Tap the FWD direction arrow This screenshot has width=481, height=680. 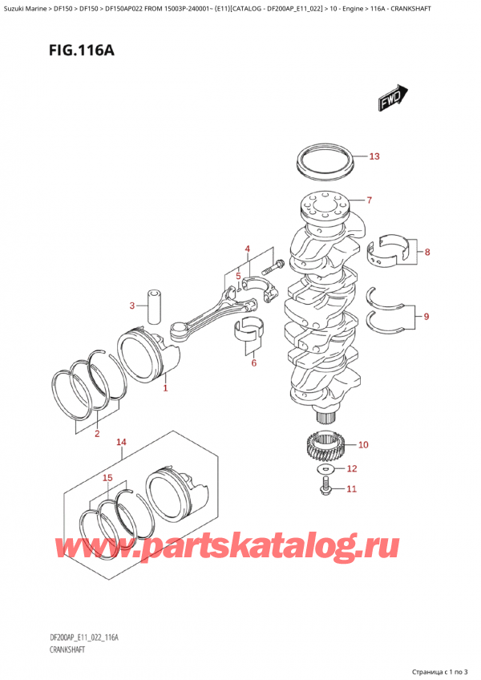pyautogui.click(x=390, y=100)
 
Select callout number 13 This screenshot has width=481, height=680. pyautogui.click(x=374, y=156)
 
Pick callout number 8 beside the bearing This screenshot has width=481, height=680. pyautogui.click(x=427, y=253)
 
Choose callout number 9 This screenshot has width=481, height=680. pyautogui.click(x=426, y=317)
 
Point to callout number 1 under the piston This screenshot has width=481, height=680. pyautogui.click(x=165, y=389)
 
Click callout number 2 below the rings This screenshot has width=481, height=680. pyautogui.click(x=97, y=435)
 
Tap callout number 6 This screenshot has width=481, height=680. pyautogui.click(x=253, y=363)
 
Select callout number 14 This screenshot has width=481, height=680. pyautogui.click(x=121, y=442)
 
